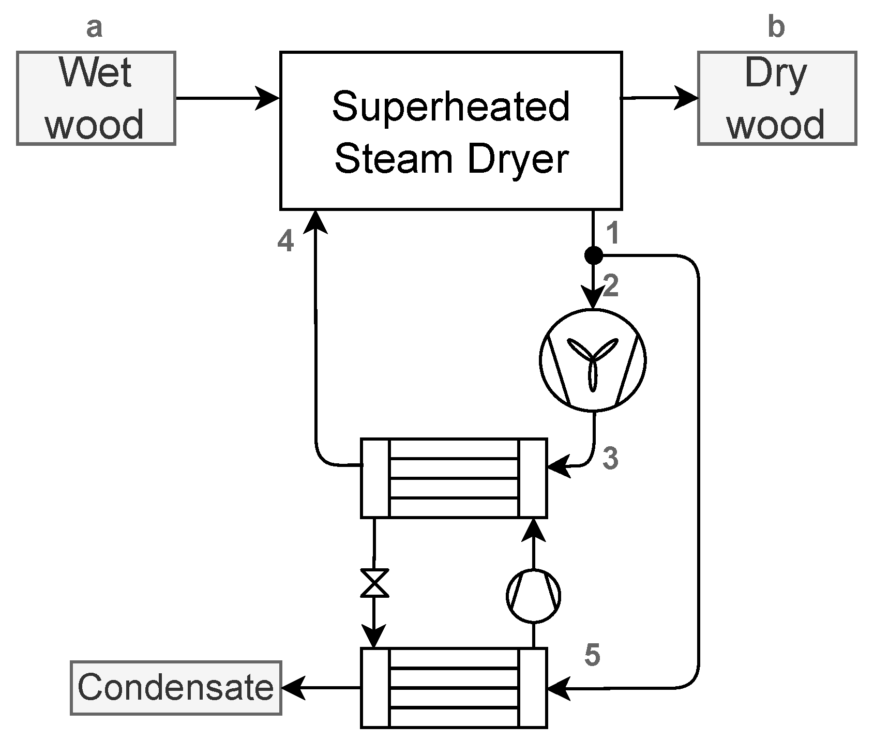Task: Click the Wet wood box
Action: click(x=96, y=98)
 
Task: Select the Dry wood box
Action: click(x=777, y=98)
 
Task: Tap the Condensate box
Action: click(x=176, y=688)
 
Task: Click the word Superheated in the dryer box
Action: click(x=450, y=107)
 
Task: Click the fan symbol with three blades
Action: click(x=593, y=360)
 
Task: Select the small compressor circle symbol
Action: click(x=533, y=596)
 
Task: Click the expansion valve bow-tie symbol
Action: click(x=374, y=583)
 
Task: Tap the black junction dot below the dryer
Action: click(x=593, y=255)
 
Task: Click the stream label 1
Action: click(x=612, y=233)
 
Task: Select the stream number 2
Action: click(x=611, y=286)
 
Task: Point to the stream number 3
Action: click(x=611, y=458)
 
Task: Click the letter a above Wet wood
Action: click(x=94, y=28)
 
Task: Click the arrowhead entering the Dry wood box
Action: click(x=686, y=98)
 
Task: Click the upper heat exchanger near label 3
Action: click(x=454, y=478)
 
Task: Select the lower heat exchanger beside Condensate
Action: click(x=454, y=688)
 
